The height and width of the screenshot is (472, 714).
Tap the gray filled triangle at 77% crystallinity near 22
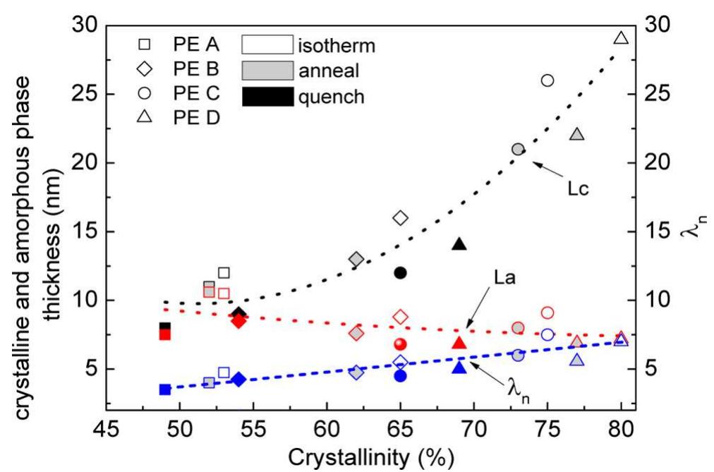pos(577,134)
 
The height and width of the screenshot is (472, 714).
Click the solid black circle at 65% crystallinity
pos(400,272)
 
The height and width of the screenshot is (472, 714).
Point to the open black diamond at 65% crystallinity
pos(400,217)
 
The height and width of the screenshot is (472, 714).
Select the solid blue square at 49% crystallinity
pos(165,389)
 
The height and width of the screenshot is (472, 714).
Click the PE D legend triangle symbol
pos(144,117)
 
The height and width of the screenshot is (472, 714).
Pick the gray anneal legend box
pos(267,71)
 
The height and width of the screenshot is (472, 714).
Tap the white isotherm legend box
pos(267,47)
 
